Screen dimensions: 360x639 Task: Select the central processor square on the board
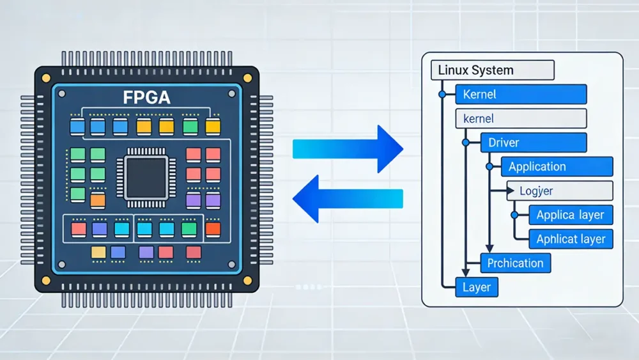tap(146, 178)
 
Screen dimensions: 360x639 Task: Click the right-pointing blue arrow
tap(348, 150)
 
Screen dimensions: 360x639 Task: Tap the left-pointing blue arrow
tap(348, 199)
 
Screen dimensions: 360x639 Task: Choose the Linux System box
tap(493, 70)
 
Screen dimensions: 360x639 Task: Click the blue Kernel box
tap(521, 94)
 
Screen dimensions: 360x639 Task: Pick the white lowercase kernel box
tap(521, 118)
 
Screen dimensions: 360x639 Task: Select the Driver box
tap(533, 143)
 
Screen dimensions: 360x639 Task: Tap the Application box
tap(557, 167)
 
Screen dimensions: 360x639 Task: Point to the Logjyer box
tap(559, 191)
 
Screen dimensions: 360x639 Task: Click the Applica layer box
tap(571, 215)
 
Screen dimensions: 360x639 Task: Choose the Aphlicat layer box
tap(571, 239)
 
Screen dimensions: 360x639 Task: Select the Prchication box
tap(515, 263)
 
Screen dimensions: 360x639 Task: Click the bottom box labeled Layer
tap(476, 287)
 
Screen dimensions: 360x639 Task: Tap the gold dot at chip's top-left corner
tap(45, 77)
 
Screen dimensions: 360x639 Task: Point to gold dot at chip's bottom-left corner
tap(45, 281)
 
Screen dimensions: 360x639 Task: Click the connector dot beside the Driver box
tap(466, 142)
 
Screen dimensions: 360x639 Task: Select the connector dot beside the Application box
tap(489, 166)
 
